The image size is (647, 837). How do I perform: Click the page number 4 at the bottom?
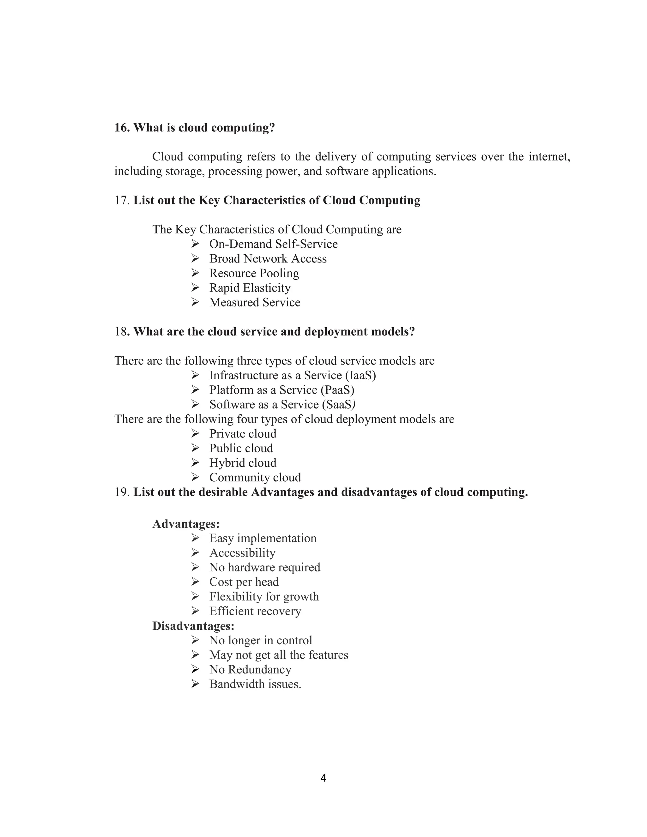[323, 778]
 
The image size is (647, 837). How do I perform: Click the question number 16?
[122, 128]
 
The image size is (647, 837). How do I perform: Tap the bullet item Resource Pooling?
[254, 273]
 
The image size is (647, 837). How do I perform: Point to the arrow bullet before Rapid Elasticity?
[195, 287]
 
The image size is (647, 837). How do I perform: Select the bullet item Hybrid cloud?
[242, 463]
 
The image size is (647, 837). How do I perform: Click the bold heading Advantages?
[186, 524]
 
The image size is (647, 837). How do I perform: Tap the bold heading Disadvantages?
[193, 626]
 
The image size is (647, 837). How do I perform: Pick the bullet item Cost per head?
[244, 582]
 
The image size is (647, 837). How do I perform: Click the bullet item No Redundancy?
[250, 670]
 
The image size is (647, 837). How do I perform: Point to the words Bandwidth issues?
[255, 684]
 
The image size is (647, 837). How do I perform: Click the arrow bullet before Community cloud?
[195, 477]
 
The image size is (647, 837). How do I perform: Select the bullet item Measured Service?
[255, 302]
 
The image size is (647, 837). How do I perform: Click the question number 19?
[122, 492]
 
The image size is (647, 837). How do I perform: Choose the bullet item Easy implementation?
[263, 539]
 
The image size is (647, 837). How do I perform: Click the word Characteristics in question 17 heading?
[271, 201]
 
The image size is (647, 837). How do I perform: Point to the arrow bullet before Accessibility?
[195, 553]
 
